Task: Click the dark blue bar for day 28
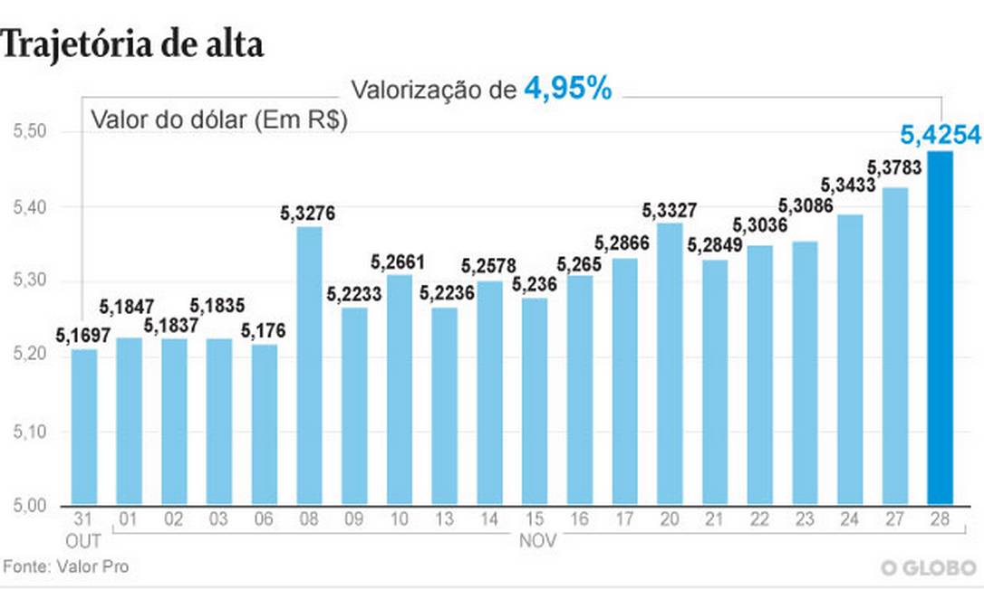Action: click(x=941, y=328)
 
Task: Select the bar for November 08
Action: click(x=309, y=366)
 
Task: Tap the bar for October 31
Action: click(x=84, y=426)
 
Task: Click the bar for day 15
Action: click(x=535, y=401)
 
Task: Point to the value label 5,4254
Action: click(x=940, y=136)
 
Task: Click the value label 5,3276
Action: click(x=309, y=214)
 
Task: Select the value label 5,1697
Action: click(x=82, y=337)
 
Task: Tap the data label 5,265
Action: click(x=579, y=264)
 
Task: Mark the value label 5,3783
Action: click(x=894, y=167)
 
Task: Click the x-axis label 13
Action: click(x=444, y=520)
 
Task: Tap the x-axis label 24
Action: click(x=849, y=520)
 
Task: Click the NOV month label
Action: click(x=534, y=540)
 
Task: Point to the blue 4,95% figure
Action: click(x=567, y=89)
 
